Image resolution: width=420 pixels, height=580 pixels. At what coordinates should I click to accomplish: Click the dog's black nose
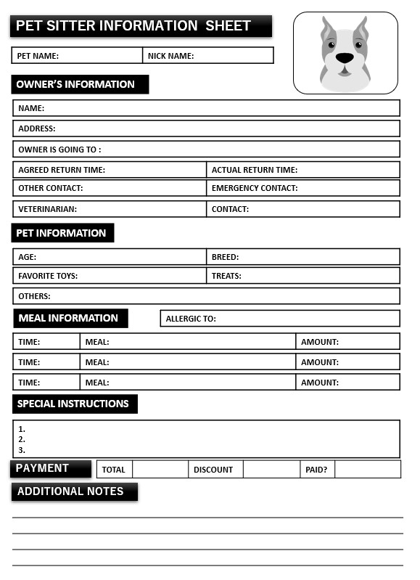pyautogui.click(x=345, y=57)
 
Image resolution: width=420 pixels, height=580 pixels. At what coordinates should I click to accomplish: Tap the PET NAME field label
pyautogui.click(x=38, y=55)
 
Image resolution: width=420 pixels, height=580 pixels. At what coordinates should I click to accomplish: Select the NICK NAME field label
pyautogui.click(x=170, y=55)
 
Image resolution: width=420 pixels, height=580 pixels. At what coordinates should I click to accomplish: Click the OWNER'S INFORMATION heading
pyautogui.click(x=75, y=84)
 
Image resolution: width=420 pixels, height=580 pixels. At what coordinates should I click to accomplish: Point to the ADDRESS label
pyautogui.click(x=36, y=128)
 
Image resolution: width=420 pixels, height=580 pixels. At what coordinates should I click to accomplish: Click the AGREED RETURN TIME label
pyautogui.click(x=62, y=170)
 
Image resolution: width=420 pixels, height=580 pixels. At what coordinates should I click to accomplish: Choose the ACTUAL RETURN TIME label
pyautogui.click(x=255, y=170)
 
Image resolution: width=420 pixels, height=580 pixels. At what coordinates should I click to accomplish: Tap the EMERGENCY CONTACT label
pyautogui.click(x=255, y=188)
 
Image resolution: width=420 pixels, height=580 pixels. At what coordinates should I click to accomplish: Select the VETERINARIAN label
pyautogui.click(x=47, y=209)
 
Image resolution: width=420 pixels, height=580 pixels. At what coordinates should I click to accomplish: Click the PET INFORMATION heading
pyautogui.click(x=61, y=233)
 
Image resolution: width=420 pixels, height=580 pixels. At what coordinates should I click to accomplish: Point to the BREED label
pyautogui.click(x=225, y=257)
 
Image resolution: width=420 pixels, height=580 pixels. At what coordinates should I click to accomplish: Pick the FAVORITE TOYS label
pyautogui.click(x=48, y=276)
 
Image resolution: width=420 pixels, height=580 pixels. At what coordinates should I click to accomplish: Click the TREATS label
pyautogui.click(x=226, y=276)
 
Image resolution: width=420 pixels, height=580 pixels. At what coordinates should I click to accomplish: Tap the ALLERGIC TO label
pyautogui.click(x=191, y=319)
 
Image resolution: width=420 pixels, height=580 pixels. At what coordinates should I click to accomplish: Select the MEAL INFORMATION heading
pyautogui.click(x=68, y=318)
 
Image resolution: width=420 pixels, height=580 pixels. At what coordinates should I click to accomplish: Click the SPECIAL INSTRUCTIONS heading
pyautogui.click(x=73, y=404)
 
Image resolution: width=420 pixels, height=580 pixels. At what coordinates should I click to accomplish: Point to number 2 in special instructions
pyautogui.click(x=22, y=439)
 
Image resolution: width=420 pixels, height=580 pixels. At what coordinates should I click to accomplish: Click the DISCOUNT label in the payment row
pyautogui.click(x=213, y=470)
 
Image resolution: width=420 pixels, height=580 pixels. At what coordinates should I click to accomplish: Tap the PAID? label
pyautogui.click(x=316, y=470)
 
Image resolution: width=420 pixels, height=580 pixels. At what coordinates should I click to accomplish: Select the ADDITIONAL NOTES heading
pyautogui.click(x=70, y=491)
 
